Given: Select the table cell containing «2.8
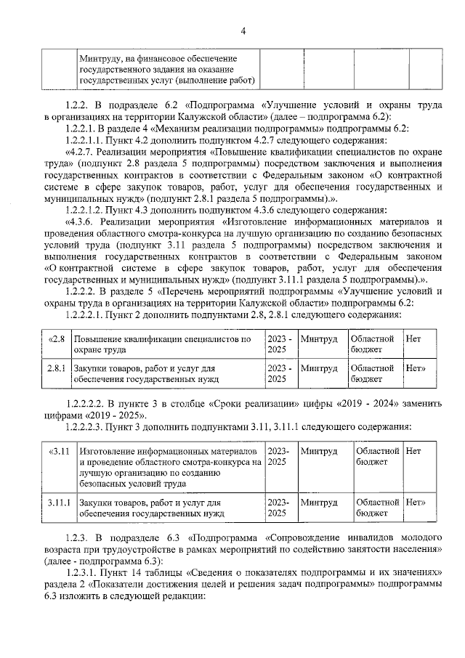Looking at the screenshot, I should click(x=56, y=339).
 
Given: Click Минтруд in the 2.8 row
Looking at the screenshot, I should click(x=318, y=339).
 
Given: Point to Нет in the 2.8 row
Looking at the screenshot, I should click(x=413, y=339).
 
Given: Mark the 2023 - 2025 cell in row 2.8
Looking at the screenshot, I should click(x=280, y=344).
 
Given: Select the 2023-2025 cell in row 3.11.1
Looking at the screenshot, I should click(x=278, y=507).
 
